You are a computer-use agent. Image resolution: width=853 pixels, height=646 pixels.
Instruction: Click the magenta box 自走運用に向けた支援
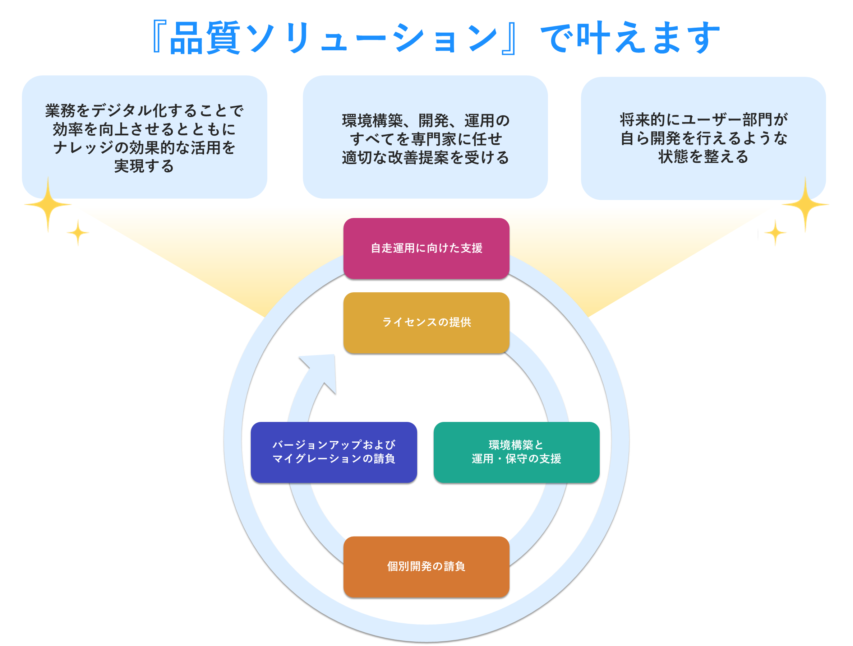click(x=426, y=248)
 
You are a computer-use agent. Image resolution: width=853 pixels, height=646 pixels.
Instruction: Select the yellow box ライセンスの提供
click(x=426, y=322)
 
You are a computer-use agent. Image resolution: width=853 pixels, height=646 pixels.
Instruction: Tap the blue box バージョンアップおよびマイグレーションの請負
click(x=333, y=452)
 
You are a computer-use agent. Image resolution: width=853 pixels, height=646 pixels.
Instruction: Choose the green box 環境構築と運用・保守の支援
click(x=516, y=452)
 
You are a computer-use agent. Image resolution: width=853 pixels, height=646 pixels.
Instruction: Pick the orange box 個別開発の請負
click(x=426, y=567)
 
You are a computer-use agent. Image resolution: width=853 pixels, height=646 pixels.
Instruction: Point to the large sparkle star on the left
click(x=48, y=204)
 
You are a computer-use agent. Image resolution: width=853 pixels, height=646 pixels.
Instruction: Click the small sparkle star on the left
click(x=78, y=232)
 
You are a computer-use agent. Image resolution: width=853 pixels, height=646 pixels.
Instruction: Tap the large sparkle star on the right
click(x=805, y=204)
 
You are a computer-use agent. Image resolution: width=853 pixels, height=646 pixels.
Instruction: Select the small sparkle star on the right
click(x=775, y=233)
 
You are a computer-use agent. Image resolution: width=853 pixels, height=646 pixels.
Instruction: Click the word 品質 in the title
click(x=205, y=38)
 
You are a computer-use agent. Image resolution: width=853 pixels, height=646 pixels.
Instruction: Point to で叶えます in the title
click(x=630, y=38)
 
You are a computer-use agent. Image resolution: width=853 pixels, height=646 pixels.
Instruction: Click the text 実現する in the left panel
click(x=144, y=166)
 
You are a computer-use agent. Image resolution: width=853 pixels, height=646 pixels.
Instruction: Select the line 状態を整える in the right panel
click(x=703, y=157)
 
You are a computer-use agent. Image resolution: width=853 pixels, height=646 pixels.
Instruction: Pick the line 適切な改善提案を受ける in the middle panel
click(x=425, y=158)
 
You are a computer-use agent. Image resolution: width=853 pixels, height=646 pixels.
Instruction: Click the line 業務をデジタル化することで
click(x=144, y=111)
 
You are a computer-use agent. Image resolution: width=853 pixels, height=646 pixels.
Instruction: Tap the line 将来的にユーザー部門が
click(x=703, y=120)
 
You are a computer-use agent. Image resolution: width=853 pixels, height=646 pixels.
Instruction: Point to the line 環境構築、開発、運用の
click(x=425, y=121)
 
